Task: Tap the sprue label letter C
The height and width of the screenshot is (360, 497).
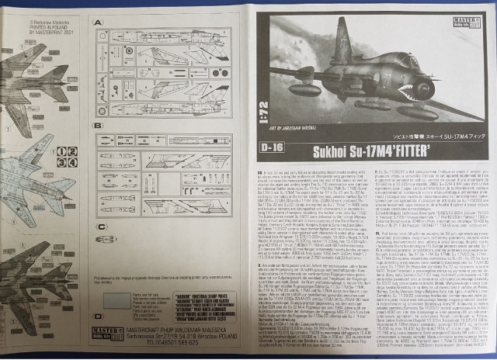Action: coord(99,227)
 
